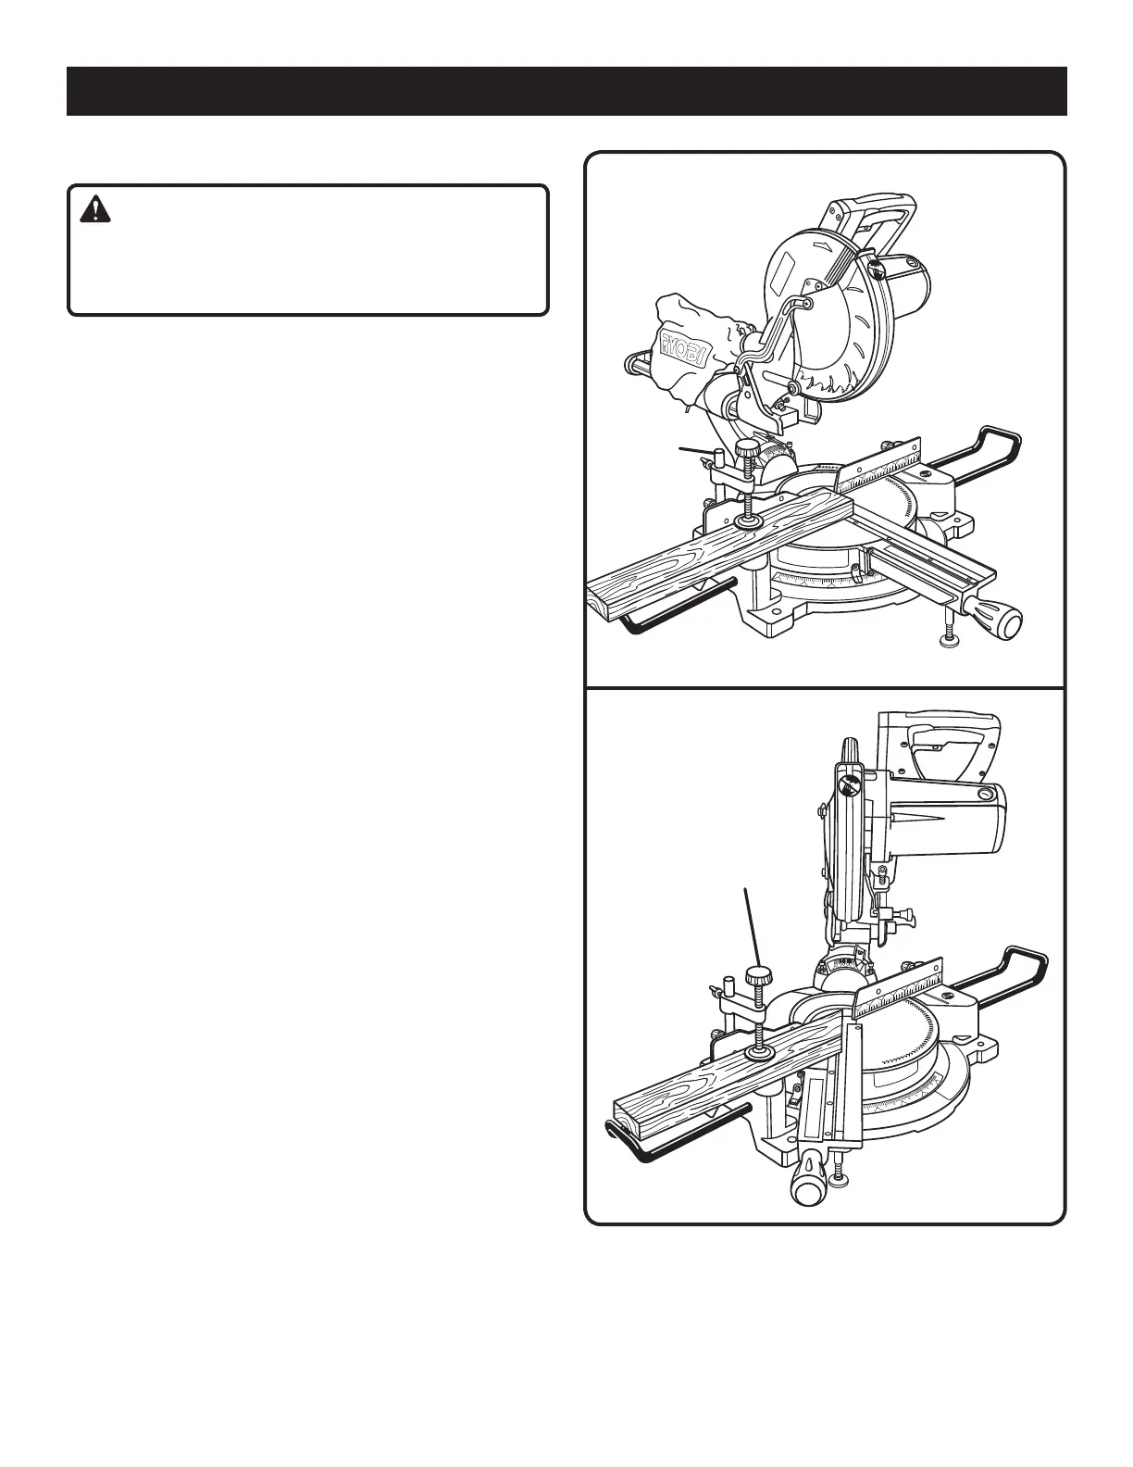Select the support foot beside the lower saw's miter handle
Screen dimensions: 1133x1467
coord(840,1177)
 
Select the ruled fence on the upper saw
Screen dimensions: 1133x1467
coord(879,468)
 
